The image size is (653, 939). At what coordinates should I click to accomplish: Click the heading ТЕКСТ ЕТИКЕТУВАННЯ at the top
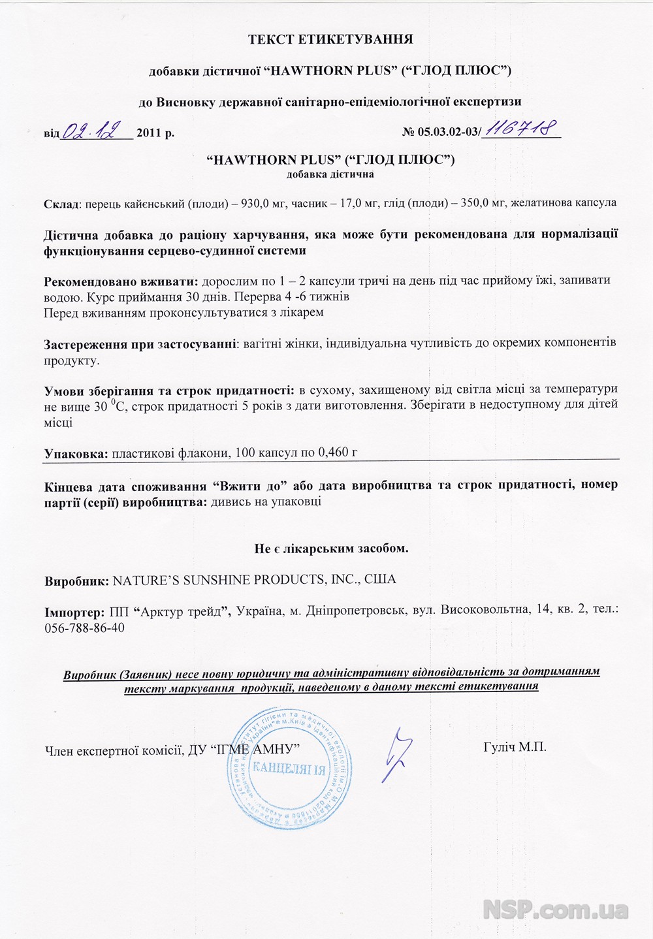(x=330, y=39)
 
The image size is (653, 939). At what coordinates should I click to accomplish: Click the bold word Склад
(x=61, y=204)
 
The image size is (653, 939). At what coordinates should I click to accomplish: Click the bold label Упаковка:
(x=76, y=453)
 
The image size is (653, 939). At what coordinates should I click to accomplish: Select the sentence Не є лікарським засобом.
(x=331, y=549)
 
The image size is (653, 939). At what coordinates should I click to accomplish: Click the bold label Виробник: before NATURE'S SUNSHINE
(x=76, y=580)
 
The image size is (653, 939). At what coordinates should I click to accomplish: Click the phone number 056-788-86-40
(x=84, y=628)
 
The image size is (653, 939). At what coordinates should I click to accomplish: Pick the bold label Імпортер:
(x=74, y=612)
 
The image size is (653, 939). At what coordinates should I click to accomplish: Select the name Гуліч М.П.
(x=515, y=747)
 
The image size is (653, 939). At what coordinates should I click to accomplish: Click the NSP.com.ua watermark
(x=556, y=909)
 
